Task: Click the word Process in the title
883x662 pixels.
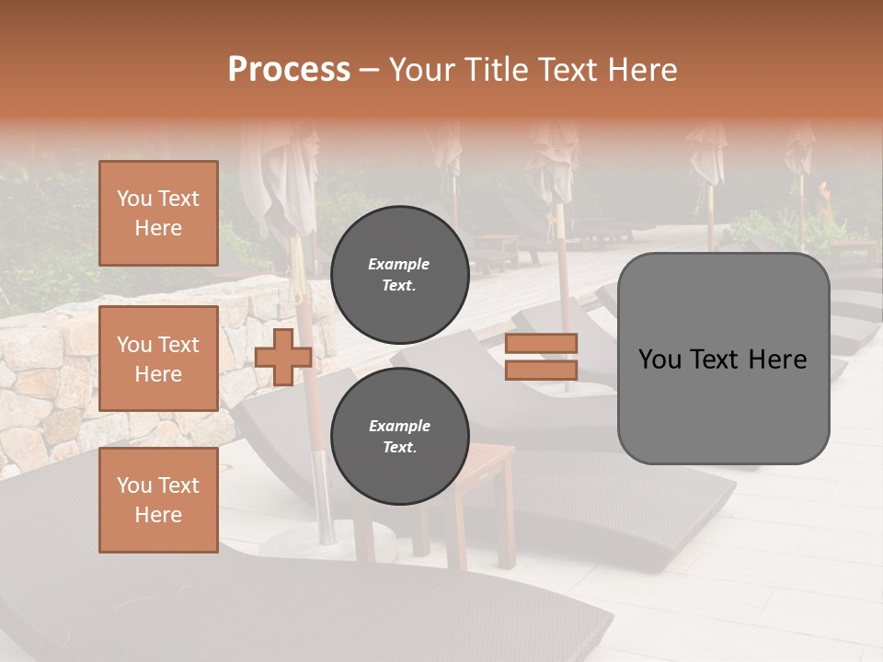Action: (x=289, y=70)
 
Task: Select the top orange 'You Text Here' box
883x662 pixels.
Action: (x=158, y=213)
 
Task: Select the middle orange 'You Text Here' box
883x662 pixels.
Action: (x=158, y=359)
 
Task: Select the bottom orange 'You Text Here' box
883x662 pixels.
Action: (x=158, y=500)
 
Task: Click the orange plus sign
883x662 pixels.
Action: (x=282, y=357)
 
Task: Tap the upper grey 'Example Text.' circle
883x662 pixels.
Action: (x=399, y=274)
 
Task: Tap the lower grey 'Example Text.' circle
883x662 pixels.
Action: (x=399, y=436)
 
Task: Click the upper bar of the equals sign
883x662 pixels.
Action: (x=541, y=343)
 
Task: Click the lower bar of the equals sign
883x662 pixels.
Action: (x=541, y=370)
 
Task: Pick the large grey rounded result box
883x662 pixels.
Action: (x=723, y=405)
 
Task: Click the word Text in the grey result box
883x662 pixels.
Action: (x=722, y=360)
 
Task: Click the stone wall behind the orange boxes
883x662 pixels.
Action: (x=46, y=386)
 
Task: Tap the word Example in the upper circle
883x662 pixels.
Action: (x=399, y=264)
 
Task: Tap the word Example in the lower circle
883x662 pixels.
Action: (x=399, y=426)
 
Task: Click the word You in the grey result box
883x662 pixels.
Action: (x=661, y=360)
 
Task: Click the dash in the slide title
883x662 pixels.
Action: (x=370, y=70)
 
